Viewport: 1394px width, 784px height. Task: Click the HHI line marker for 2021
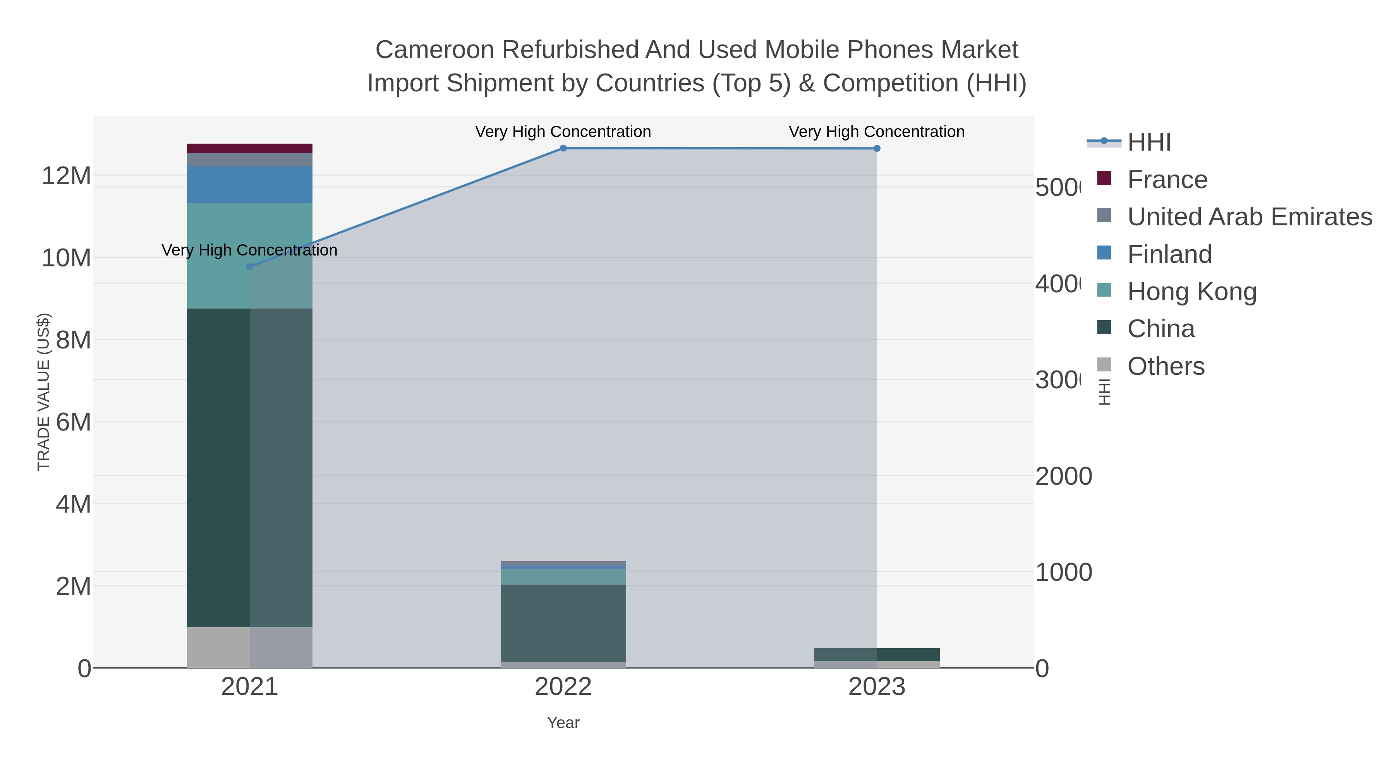pos(249,267)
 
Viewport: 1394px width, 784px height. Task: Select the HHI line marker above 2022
pos(563,148)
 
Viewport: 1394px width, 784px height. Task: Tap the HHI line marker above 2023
pos(877,149)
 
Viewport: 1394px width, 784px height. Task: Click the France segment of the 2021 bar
pos(249,148)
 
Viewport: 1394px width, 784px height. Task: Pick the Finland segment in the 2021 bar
pos(249,185)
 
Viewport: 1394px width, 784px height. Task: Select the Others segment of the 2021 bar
pos(249,647)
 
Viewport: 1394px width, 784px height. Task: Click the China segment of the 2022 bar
pos(563,622)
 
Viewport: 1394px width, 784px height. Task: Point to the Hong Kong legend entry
pos(1191,292)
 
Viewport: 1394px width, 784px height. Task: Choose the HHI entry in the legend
pos(1149,142)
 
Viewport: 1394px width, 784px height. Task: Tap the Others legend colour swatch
pos(1104,365)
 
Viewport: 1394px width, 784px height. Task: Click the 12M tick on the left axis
pos(66,176)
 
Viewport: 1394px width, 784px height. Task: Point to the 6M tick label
pos(73,422)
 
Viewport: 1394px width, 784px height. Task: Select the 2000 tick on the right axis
pos(1063,477)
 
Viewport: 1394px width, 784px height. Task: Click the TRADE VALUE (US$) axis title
pos(43,392)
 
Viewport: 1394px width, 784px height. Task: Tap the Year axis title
pos(563,723)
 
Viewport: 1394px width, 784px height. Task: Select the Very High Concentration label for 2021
pos(249,250)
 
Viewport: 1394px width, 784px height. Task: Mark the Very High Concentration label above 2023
pos(877,132)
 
